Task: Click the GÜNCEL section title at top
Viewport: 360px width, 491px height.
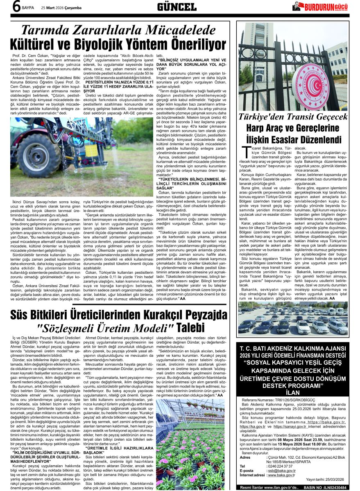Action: click(x=177, y=7)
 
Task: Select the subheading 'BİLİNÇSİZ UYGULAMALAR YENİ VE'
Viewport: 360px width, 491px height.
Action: click(x=191, y=60)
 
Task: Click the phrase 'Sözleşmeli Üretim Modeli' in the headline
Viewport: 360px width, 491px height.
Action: click(x=105, y=327)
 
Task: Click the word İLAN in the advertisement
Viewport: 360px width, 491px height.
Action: click(x=293, y=392)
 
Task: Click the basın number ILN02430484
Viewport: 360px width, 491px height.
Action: click(x=333, y=487)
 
